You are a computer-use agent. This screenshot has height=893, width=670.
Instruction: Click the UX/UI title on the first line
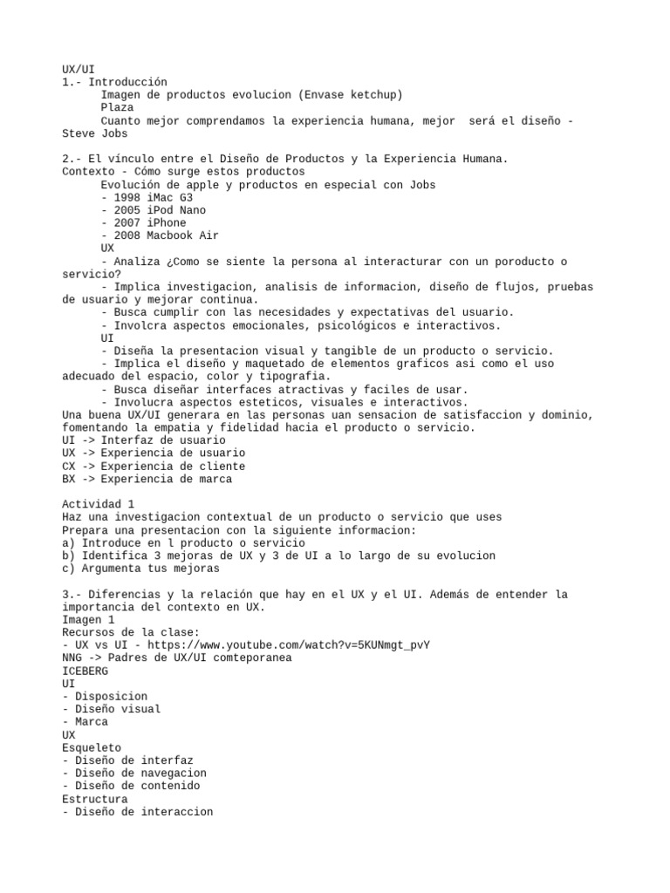point(79,69)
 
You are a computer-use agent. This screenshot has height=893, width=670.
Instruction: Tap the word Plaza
point(117,107)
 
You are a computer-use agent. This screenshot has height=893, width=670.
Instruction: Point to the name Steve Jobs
point(94,133)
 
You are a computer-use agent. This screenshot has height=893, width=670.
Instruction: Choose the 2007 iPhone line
point(143,222)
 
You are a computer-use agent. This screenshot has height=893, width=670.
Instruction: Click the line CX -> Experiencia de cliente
point(154,466)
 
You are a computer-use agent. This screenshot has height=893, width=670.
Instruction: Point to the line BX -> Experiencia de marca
point(147,479)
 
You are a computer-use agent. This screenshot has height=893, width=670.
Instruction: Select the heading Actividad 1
point(98,504)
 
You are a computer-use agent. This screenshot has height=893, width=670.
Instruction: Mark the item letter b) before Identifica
point(69,556)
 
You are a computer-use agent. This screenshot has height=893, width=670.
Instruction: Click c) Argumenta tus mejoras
point(140,568)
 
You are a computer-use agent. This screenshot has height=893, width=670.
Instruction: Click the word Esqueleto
point(92,747)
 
